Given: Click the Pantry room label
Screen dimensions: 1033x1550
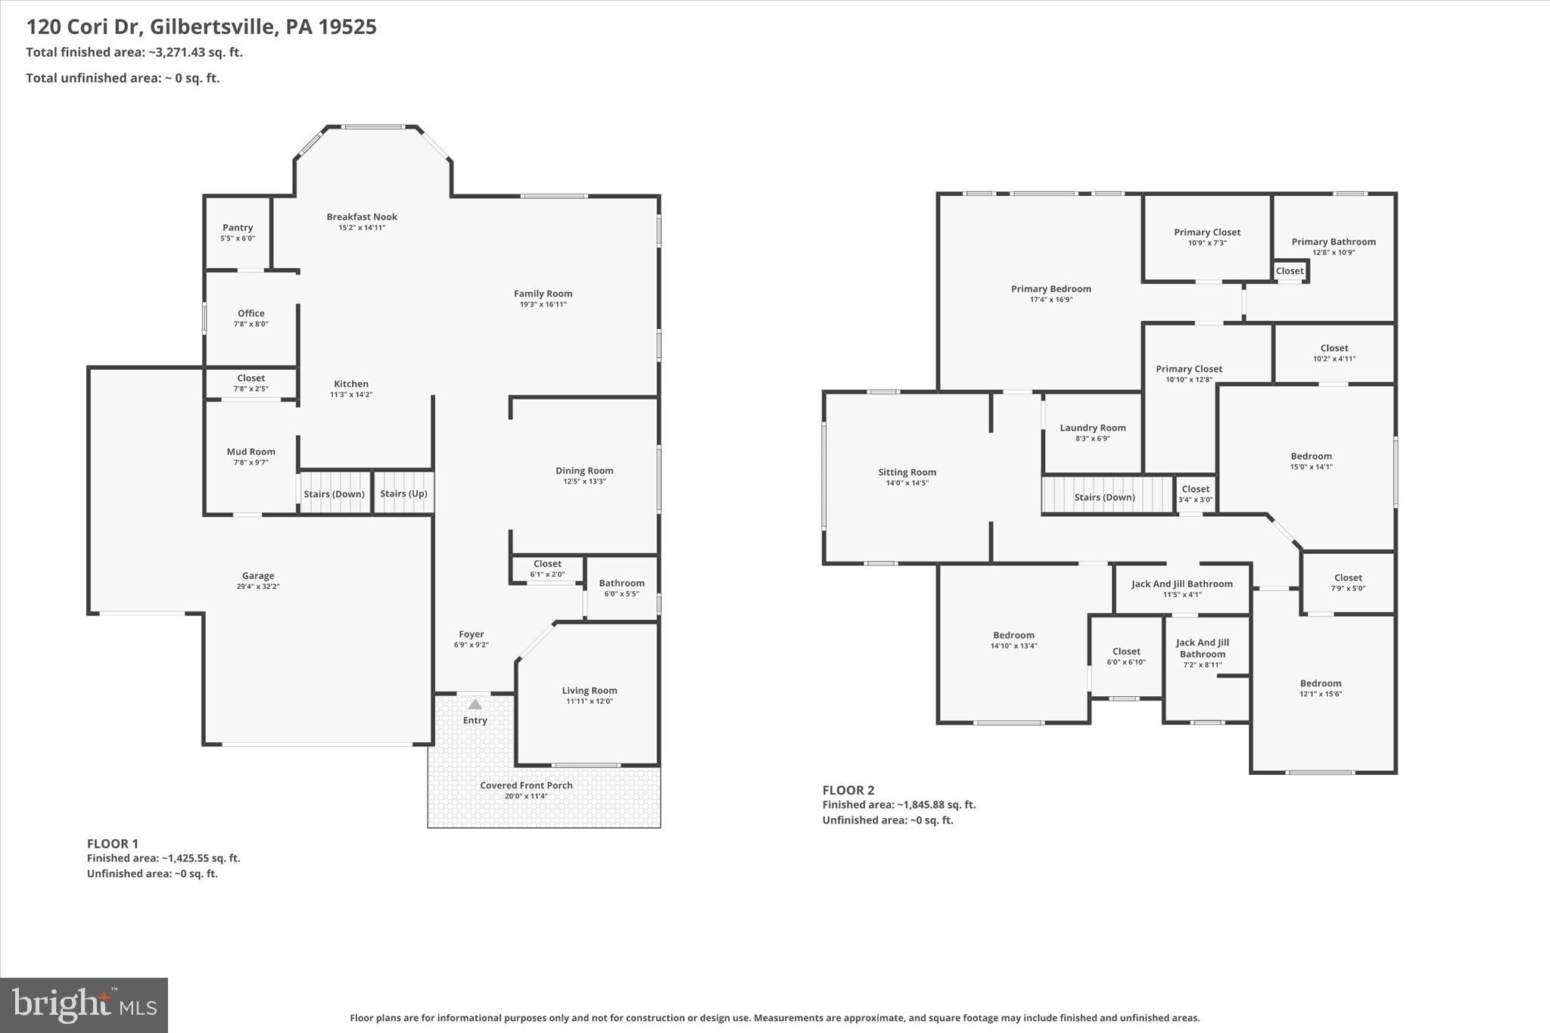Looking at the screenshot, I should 238,228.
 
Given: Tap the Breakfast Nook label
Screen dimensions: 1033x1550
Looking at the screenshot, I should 362,217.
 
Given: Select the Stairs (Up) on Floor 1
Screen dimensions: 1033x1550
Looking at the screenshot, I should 403,493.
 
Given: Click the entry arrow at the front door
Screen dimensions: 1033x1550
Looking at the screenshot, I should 475,705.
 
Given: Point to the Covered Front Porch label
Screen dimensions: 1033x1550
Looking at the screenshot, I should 526,786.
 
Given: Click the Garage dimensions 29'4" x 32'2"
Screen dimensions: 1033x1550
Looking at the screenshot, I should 258,587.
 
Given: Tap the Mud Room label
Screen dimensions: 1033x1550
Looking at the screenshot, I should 251,452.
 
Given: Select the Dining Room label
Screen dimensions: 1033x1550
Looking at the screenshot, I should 584,471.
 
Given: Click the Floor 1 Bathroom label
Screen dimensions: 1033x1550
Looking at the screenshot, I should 621,583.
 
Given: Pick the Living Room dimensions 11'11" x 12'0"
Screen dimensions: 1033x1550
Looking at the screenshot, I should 590,702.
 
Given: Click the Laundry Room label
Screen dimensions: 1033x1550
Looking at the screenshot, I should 1092,428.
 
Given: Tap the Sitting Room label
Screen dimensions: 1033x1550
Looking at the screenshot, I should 907,472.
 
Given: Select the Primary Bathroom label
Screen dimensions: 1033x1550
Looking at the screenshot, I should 1333,242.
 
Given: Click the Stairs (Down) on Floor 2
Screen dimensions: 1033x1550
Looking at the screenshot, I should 1104,497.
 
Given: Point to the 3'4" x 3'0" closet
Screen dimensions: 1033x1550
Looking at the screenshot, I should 1195,499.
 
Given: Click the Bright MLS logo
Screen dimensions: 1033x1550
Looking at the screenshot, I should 84,1005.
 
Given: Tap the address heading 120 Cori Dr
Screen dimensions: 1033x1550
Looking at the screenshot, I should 201,27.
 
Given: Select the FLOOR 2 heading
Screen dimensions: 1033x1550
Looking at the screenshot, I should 848,790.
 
